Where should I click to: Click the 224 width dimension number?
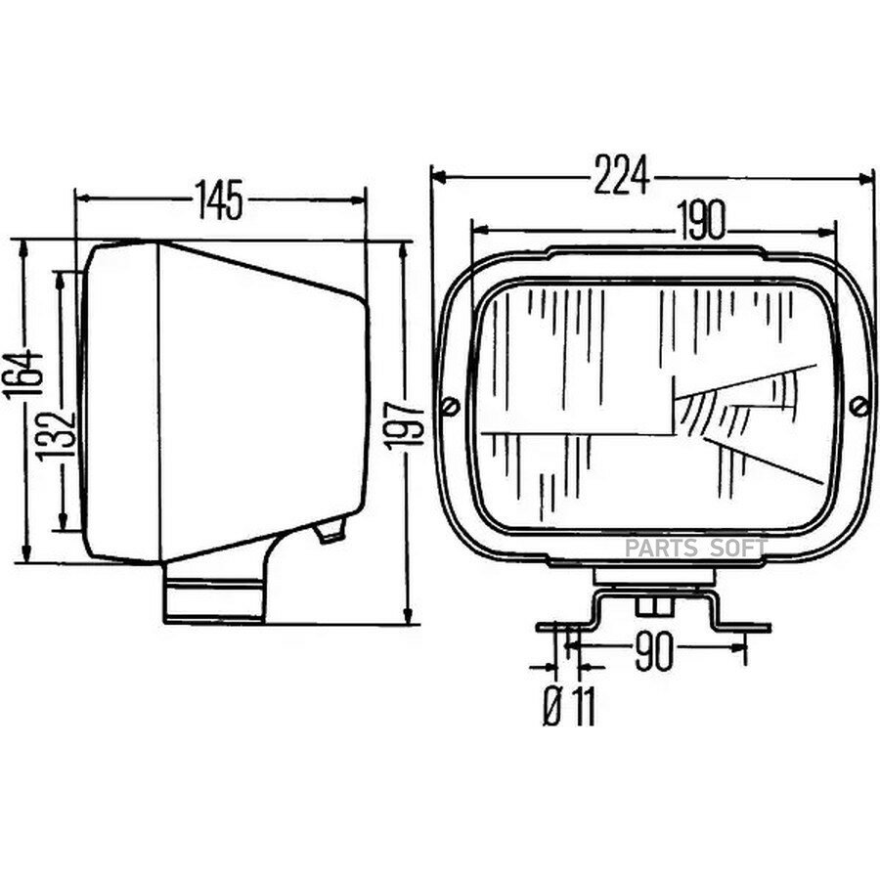click(x=623, y=175)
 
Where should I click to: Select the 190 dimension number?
click(x=700, y=220)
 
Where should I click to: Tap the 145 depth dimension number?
click(x=219, y=199)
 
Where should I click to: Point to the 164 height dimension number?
click(x=23, y=374)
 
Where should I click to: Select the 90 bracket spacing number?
click(x=653, y=653)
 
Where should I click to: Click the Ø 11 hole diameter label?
click(x=569, y=705)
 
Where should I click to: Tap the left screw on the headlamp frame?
click(x=451, y=406)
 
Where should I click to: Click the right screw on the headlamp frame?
click(x=858, y=406)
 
